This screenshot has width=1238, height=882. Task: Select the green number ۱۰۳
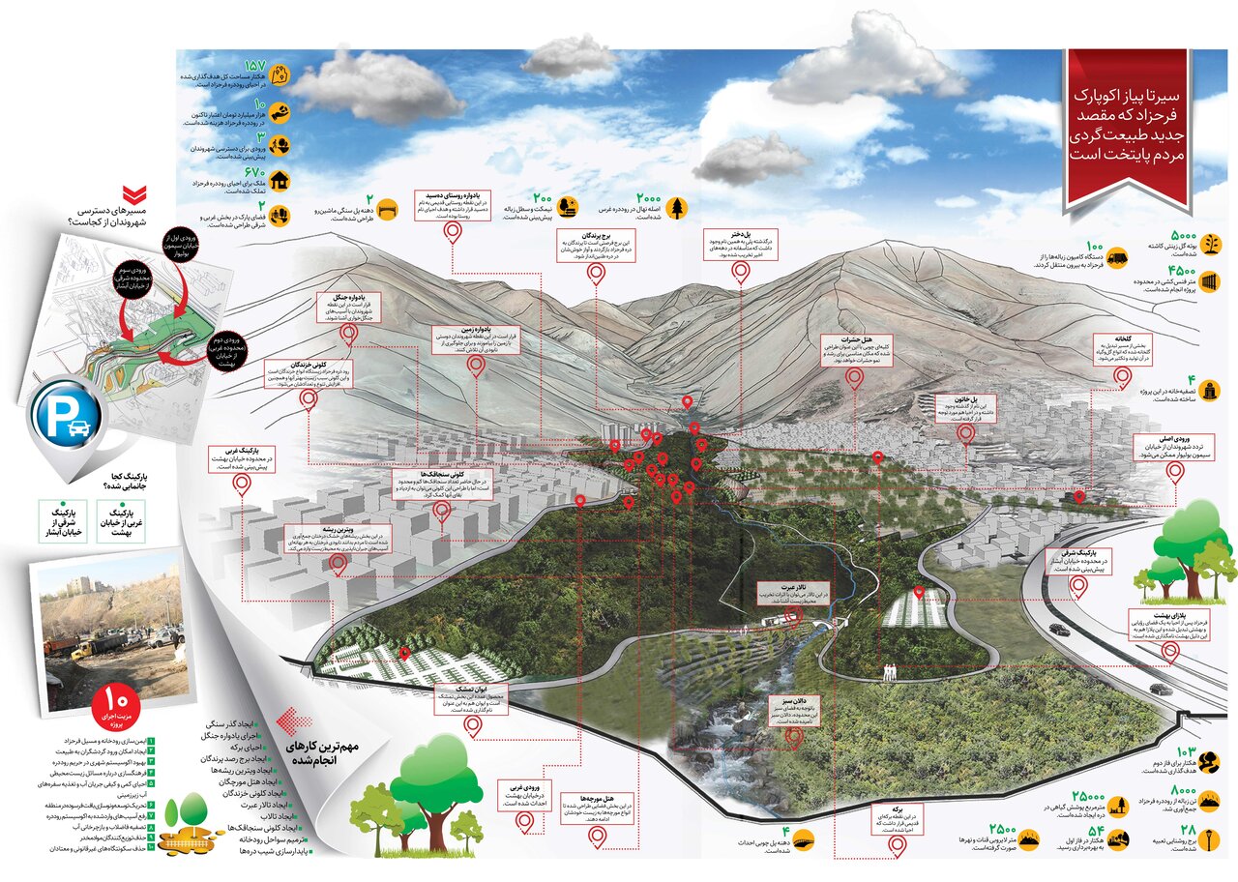(x=1186, y=753)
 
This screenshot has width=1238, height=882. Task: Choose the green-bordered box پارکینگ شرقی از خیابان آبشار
(x=63, y=520)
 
